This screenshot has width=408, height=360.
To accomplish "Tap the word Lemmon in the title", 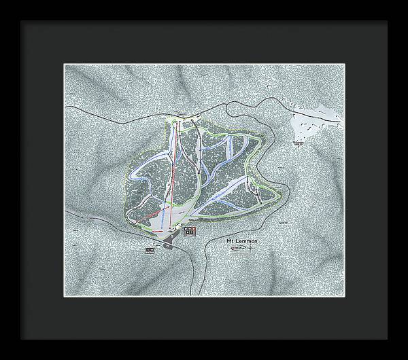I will click(x=245, y=241).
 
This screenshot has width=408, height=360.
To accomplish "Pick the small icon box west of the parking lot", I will click(x=150, y=251).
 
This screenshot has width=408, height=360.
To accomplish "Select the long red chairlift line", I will click(x=173, y=170).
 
